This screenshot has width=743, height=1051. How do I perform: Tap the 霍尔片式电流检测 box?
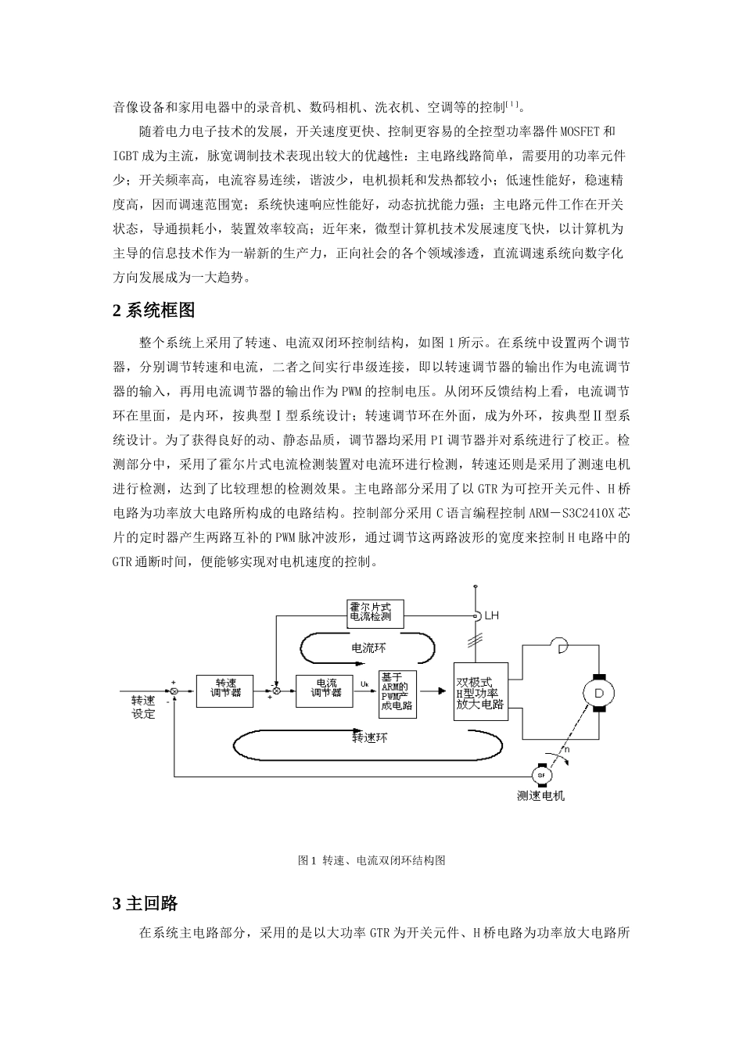376,613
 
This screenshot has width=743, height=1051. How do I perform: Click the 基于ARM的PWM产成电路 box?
397,694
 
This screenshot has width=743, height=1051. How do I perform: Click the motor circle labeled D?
599,692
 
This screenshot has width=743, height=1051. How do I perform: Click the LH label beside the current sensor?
491,616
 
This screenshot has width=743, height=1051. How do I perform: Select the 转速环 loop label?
370,737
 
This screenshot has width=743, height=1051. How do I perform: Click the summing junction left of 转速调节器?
175,691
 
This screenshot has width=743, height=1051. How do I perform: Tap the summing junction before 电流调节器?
276,691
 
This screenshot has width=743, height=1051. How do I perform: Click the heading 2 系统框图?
153,310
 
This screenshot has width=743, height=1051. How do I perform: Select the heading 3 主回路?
145,903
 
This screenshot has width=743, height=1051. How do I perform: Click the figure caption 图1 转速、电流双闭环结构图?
371,860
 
